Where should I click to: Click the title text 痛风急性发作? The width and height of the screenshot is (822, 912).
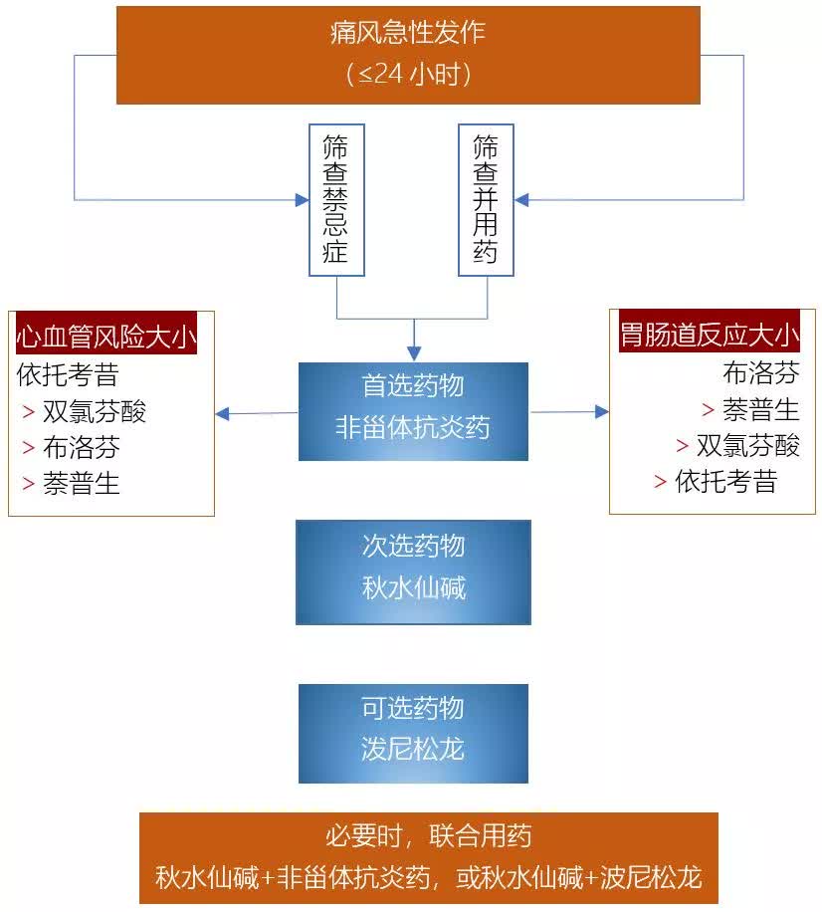click(x=407, y=32)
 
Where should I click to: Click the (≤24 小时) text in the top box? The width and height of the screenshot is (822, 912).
click(x=408, y=74)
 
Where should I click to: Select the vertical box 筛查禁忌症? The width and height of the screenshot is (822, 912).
click(x=336, y=199)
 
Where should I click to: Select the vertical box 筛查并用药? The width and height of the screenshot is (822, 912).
click(x=486, y=199)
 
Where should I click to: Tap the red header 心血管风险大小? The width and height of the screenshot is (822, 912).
click(x=106, y=336)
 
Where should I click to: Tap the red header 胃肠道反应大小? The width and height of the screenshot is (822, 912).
click(x=710, y=334)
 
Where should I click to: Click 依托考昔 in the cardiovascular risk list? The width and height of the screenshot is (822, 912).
click(x=68, y=374)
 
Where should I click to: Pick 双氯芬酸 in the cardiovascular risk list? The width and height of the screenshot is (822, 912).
click(x=95, y=411)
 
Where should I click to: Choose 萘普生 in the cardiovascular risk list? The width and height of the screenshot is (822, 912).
click(x=82, y=483)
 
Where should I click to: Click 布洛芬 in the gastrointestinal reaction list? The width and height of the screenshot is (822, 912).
click(x=761, y=372)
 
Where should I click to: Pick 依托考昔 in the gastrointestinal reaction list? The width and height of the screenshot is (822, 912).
click(x=726, y=481)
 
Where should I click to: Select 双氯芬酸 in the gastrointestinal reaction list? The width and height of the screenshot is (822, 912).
click(x=748, y=445)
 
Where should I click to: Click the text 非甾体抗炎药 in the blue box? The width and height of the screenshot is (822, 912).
click(x=413, y=427)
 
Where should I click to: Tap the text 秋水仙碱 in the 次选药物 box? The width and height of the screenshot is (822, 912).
click(x=414, y=588)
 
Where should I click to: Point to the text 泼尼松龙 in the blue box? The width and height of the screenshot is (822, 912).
click(x=413, y=749)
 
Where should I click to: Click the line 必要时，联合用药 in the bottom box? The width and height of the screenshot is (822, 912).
click(x=429, y=836)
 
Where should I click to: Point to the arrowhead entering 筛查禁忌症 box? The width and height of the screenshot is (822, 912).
click(x=302, y=200)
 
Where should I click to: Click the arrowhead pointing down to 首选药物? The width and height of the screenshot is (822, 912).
click(x=414, y=353)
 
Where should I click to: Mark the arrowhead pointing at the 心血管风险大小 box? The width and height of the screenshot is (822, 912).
click(x=222, y=413)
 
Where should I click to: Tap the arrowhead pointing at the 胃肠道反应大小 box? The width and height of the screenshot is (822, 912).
click(x=602, y=412)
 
